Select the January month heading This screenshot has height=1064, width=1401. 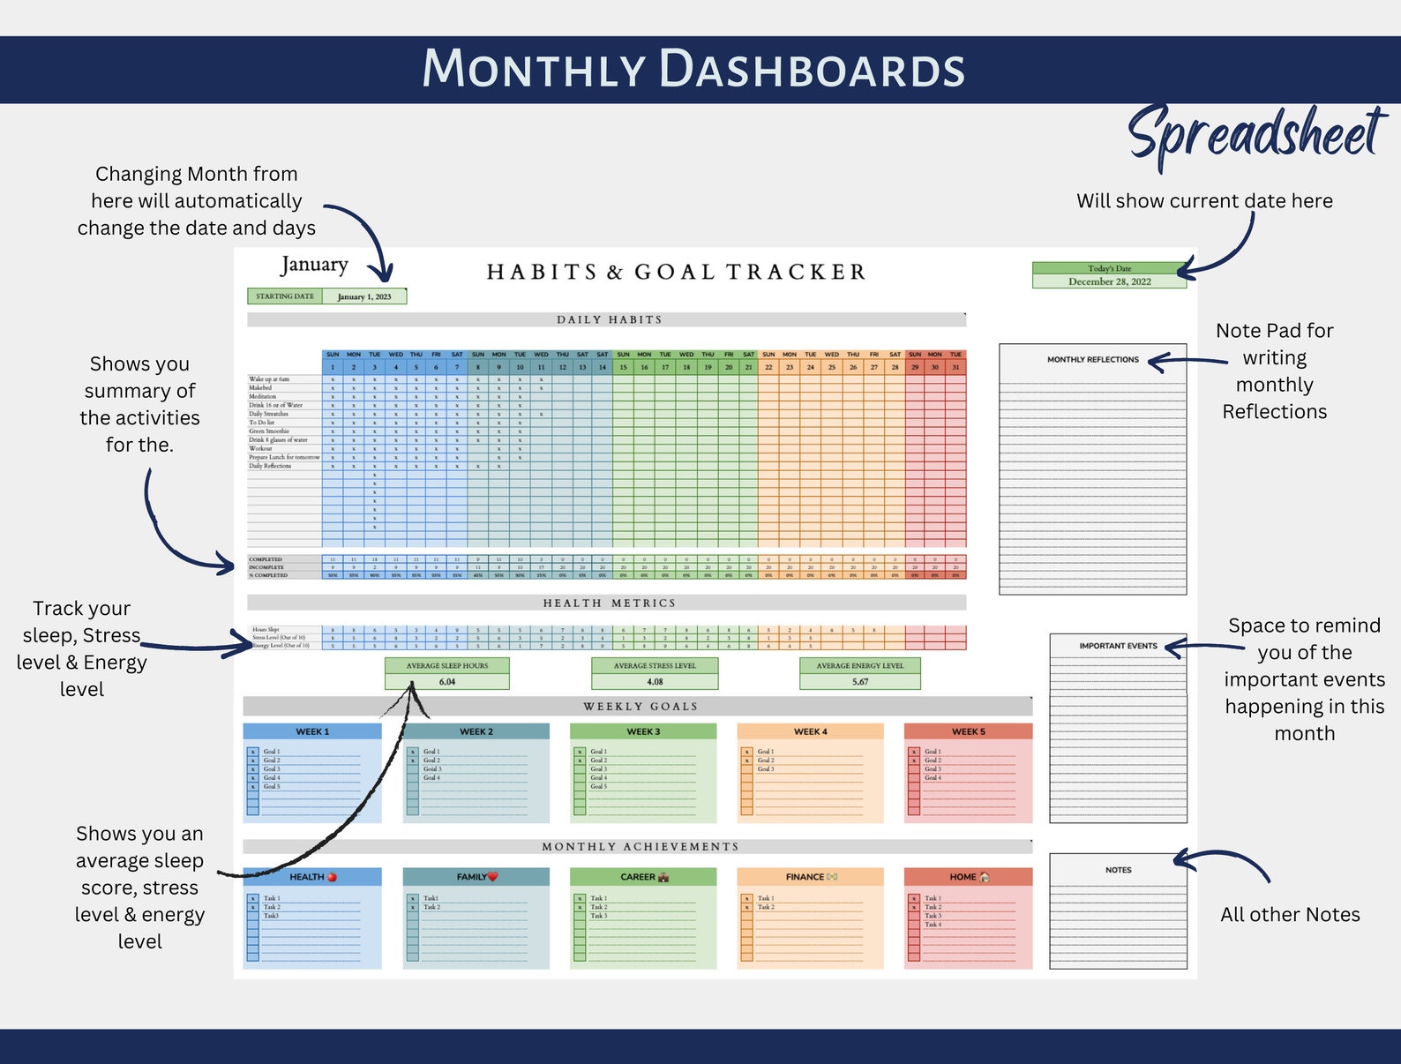click(x=315, y=265)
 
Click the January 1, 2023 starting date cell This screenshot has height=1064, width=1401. click(x=363, y=296)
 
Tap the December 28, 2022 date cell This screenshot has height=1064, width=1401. click(x=1109, y=281)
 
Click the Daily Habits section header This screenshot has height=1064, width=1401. click(x=608, y=319)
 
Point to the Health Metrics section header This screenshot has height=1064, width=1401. click(x=608, y=603)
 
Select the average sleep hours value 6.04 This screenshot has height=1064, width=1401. click(x=447, y=682)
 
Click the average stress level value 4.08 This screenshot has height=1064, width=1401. click(x=655, y=682)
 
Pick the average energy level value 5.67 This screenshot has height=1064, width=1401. click(x=860, y=682)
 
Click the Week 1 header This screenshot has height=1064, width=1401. click(x=312, y=731)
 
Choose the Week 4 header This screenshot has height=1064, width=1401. click(x=810, y=731)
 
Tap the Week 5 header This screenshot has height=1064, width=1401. click(x=968, y=731)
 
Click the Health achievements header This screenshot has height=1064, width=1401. click(x=312, y=877)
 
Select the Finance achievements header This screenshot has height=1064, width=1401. click(x=810, y=877)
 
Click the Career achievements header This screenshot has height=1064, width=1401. click(x=643, y=877)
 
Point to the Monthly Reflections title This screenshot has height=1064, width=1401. click(x=1092, y=359)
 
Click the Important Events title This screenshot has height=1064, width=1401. click(x=1118, y=646)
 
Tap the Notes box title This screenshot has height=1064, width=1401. click(x=1118, y=870)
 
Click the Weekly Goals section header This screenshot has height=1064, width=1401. click(x=640, y=707)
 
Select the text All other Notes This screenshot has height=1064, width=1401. click(x=1290, y=915)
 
